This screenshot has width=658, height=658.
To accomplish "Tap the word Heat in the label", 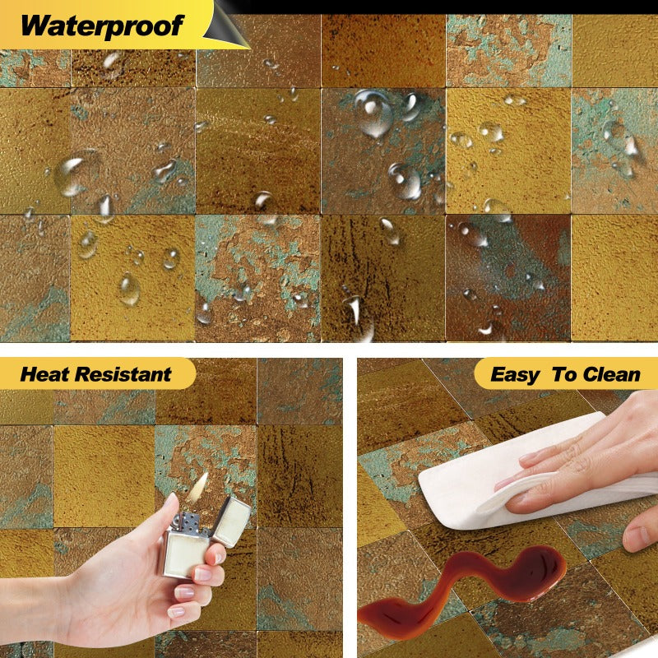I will coord(45,375).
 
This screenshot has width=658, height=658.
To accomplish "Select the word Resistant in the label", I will coord(123,375).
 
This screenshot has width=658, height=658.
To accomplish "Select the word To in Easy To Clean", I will coord(565,375).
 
